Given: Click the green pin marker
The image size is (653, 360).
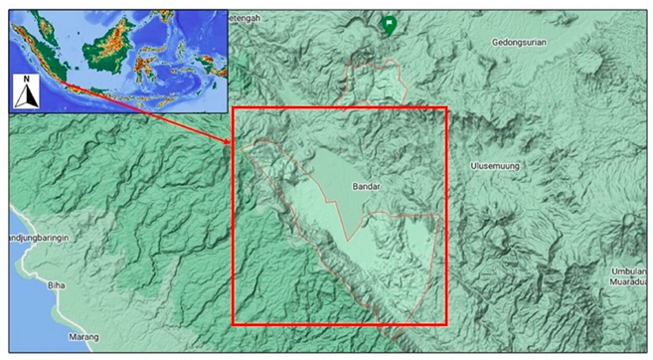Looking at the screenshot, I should [390, 25].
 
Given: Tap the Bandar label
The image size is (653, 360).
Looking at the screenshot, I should [367, 186].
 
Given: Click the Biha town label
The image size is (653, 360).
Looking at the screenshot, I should [56, 284].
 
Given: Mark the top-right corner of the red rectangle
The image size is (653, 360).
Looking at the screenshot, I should [446, 108].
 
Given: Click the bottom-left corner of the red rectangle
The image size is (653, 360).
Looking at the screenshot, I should [234, 324].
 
